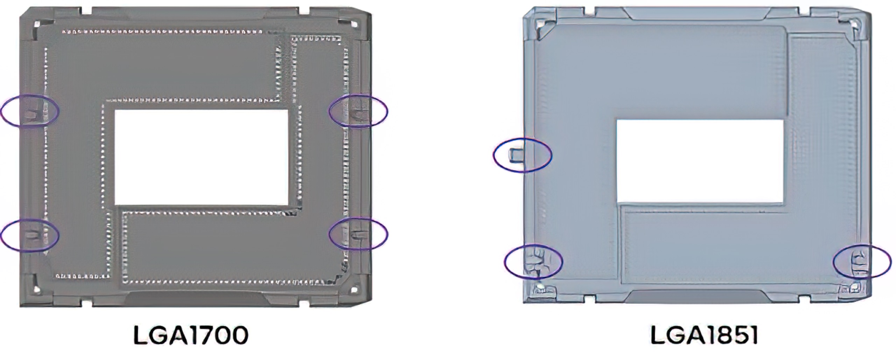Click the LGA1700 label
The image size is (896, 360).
pyautogui.click(x=191, y=335)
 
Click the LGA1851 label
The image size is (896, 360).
pyautogui.click(x=704, y=335)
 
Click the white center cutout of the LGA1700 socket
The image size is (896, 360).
pyautogui.click(x=202, y=157)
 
